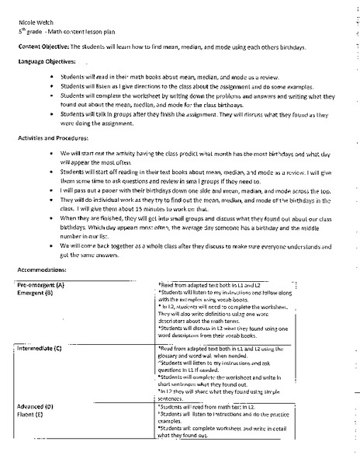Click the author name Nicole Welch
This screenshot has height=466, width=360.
(x=34, y=24)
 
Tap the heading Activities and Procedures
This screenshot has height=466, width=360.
(x=53, y=137)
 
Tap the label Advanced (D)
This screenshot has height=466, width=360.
(x=35, y=405)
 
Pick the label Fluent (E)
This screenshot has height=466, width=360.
(x=33, y=413)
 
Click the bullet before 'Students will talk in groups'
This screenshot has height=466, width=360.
(x=51, y=114)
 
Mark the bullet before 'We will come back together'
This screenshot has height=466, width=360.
(x=51, y=245)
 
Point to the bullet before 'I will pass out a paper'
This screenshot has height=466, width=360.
(x=51, y=188)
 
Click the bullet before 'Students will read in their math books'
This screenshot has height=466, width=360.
(x=51, y=78)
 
